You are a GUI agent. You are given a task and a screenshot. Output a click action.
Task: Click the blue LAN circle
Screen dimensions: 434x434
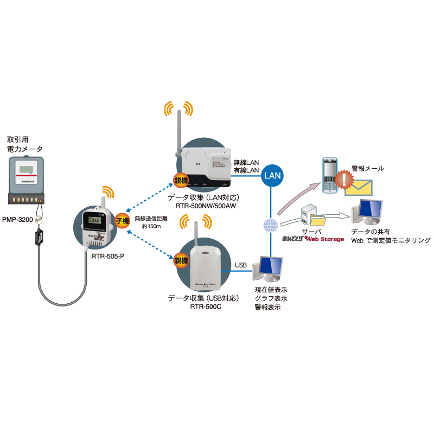click(x=271, y=175)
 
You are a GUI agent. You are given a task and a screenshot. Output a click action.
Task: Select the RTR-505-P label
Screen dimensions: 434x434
click(x=108, y=254)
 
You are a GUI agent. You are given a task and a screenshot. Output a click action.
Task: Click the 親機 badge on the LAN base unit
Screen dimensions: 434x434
click(x=180, y=180)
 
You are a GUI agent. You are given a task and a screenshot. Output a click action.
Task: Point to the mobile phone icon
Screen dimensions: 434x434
click(x=329, y=175)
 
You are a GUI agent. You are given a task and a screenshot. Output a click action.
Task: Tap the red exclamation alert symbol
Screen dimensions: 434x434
click(x=343, y=178)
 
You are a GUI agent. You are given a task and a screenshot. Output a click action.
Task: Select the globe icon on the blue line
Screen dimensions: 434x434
click(x=270, y=225)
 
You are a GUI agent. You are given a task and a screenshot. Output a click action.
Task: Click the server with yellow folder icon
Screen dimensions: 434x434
click(x=313, y=216)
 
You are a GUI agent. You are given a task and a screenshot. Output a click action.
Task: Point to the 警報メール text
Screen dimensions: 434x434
click(x=367, y=169)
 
